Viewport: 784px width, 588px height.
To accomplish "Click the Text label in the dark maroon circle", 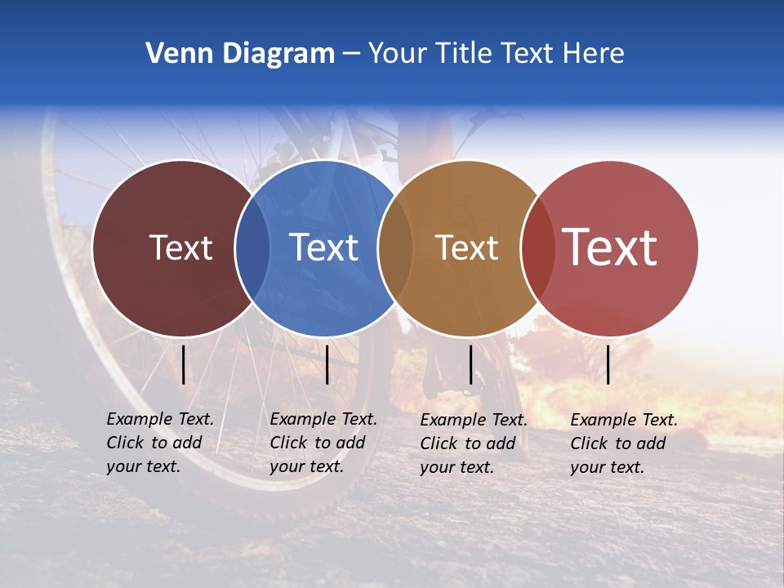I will coord(180,247).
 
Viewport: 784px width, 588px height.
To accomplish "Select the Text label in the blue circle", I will coord(323,247).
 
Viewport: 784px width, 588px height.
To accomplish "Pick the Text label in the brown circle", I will coord(466,247).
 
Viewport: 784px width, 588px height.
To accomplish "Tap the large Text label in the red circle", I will coord(609,247).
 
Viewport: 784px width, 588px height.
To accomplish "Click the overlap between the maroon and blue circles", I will coord(252,247).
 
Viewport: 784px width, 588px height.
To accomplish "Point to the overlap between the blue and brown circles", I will coord(395,247).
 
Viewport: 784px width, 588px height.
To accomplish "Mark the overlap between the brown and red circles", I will coord(537,247).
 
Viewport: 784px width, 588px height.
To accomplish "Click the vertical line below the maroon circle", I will coord(183,364).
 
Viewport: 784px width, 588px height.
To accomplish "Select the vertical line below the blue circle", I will coord(327,364).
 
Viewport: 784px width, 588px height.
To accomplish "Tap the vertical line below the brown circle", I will coord(470,364).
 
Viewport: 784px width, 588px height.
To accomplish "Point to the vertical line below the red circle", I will coord(608,364).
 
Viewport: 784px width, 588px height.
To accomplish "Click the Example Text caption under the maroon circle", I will coord(160,443).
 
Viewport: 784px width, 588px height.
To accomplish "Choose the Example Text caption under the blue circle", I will coord(323,443).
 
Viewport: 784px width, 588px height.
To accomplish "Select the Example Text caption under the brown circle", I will coord(474,443).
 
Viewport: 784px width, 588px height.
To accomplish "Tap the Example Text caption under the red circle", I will coord(624,443).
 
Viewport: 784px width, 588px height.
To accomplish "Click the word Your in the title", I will coord(399,54).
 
